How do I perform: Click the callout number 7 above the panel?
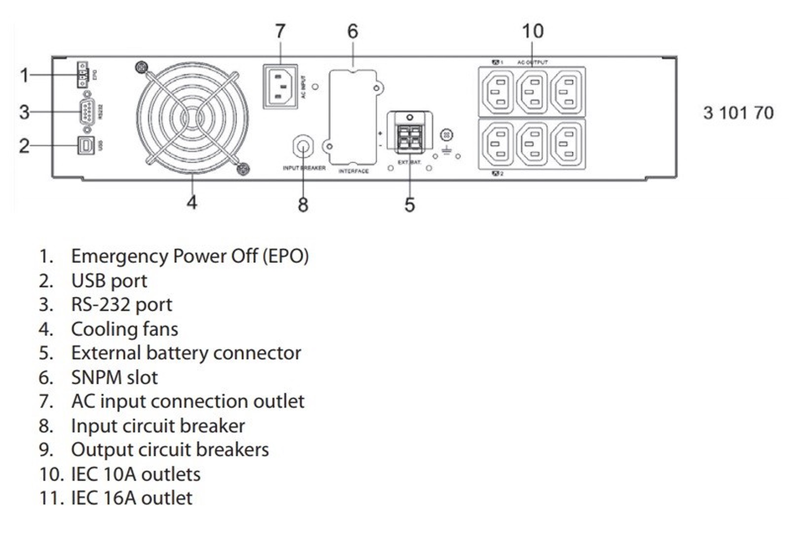click(280, 31)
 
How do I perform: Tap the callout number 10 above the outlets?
click(533, 31)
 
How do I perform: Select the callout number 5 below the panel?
click(409, 204)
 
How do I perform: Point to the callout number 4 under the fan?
click(192, 202)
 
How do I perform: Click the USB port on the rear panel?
click(86, 145)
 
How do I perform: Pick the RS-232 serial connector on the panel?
click(87, 112)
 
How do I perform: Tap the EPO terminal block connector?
click(83, 75)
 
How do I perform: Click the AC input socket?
click(280, 86)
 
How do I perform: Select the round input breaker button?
click(303, 146)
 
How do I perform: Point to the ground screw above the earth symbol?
click(446, 135)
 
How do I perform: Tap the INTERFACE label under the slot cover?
click(354, 171)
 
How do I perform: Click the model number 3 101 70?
click(738, 113)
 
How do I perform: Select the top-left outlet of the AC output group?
click(498, 92)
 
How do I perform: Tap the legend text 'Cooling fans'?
click(124, 329)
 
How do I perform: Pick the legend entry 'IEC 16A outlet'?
click(131, 498)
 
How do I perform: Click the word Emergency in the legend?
click(119, 256)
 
